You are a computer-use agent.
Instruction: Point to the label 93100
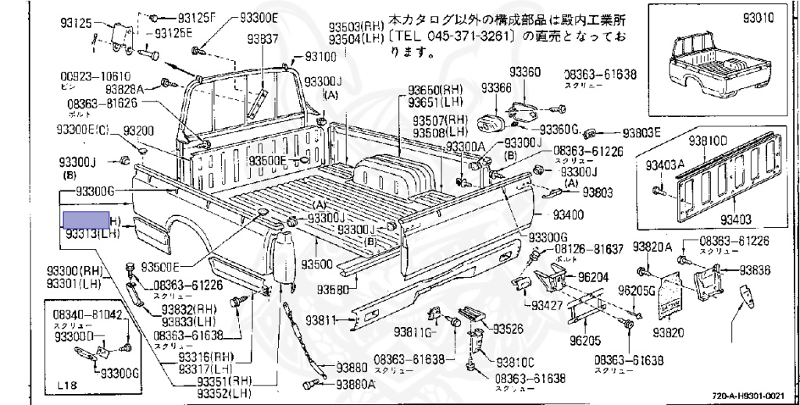click(x=320, y=57)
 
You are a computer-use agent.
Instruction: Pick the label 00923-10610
click(x=91, y=76)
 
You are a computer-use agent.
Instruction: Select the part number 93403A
click(x=664, y=165)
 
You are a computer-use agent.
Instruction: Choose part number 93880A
click(x=356, y=384)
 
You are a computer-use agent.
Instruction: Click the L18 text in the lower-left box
click(x=67, y=385)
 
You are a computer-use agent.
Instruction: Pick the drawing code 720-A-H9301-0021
click(x=753, y=396)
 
